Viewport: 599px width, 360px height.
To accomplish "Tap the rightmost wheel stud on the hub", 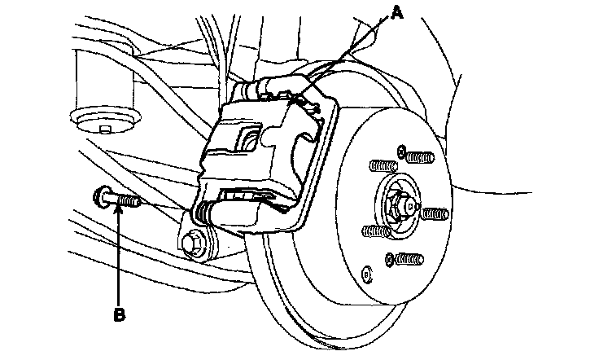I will [433, 213].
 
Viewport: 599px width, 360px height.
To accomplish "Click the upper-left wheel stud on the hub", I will [382, 166].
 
